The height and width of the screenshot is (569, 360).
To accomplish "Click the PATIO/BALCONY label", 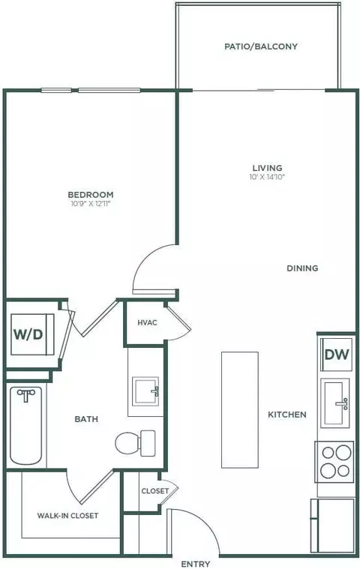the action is [x=261, y=46].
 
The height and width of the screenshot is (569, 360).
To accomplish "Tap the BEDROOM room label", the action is [x=91, y=194].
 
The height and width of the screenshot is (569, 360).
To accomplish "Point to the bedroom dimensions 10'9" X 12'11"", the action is [x=91, y=204].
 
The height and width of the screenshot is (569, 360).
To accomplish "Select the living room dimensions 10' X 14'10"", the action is [x=268, y=177].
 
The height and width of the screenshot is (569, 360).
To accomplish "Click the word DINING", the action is [x=302, y=268].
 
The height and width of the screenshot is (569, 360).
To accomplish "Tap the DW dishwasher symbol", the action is [x=337, y=354].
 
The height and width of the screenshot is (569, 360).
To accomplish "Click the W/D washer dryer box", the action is [x=32, y=334].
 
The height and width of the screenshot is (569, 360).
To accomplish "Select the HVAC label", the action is [x=147, y=322].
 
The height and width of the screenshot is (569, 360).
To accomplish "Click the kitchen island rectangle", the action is [x=240, y=409].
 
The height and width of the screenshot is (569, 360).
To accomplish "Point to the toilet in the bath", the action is [x=135, y=443].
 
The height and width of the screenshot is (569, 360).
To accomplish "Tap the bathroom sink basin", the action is [x=145, y=391].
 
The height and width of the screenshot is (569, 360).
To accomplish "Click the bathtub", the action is [x=25, y=426].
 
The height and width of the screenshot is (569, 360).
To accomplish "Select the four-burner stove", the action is [x=334, y=462].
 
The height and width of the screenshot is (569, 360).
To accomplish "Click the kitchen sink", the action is [x=335, y=403].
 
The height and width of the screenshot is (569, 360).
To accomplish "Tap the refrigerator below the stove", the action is [x=332, y=526].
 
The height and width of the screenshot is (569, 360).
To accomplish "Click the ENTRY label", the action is [x=196, y=564].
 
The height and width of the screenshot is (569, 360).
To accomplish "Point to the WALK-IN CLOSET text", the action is [x=67, y=515].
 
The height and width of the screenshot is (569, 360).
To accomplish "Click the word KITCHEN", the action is [x=287, y=415].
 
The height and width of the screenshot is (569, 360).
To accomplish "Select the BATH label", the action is [x=86, y=419].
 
